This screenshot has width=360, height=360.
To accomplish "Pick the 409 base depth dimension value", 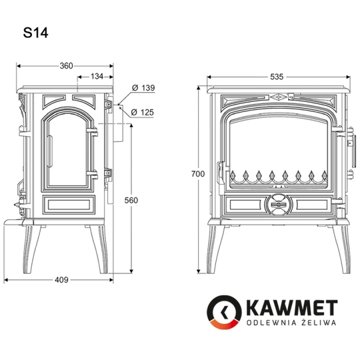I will tap(61, 280).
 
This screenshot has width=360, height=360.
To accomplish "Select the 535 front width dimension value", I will tap(277, 77).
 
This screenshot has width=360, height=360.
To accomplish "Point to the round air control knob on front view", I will tap(277, 204).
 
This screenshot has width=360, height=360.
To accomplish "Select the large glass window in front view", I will tap(277, 150).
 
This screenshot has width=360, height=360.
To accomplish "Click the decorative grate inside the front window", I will tap(276, 177).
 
